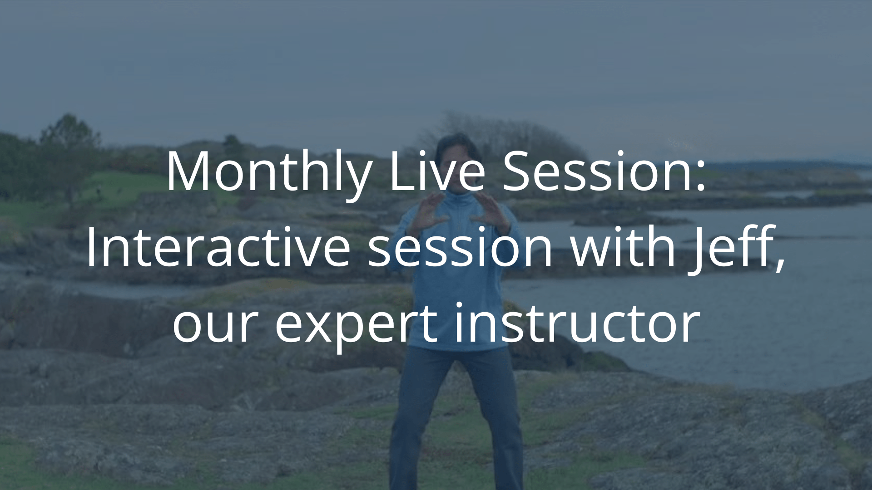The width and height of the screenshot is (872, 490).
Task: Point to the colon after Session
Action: click(x=699, y=176)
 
